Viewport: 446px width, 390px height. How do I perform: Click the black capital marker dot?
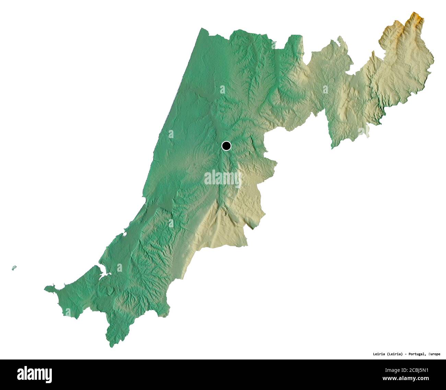click(226, 146)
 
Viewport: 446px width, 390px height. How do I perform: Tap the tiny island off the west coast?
click(14, 268)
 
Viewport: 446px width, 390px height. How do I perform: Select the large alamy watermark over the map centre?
click(223, 179)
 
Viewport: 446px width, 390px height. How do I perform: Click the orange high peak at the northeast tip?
click(416, 16)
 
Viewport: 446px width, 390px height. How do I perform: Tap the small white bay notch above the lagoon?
click(124, 234)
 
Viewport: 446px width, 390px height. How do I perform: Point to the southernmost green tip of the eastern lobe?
click(332, 148)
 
